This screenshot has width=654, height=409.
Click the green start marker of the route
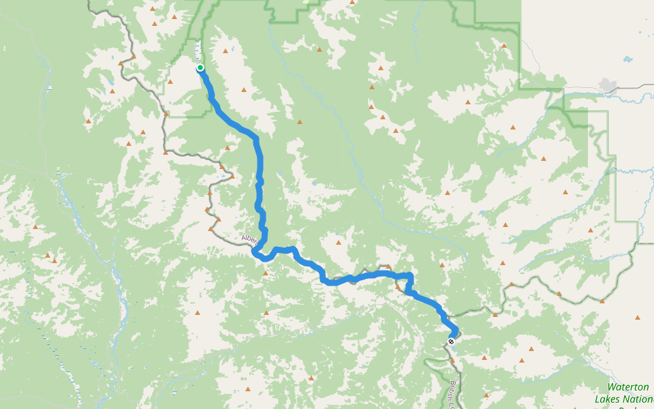(x=200, y=67)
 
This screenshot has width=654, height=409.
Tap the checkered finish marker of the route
(x=451, y=340)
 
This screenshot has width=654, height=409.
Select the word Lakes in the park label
(x=608, y=399)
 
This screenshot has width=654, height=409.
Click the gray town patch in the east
(x=606, y=85)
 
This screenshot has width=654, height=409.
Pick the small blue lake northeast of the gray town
(x=626, y=59)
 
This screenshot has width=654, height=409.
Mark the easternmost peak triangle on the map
(x=638, y=317)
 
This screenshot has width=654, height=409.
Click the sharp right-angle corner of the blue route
(x=411, y=275)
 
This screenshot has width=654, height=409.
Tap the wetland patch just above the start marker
(x=198, y=49)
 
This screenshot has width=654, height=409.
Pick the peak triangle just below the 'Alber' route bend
(x=265, y=273)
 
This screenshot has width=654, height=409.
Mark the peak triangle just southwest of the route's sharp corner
(x=398, y=286)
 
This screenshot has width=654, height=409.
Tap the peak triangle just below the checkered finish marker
(x=452, y=359)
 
